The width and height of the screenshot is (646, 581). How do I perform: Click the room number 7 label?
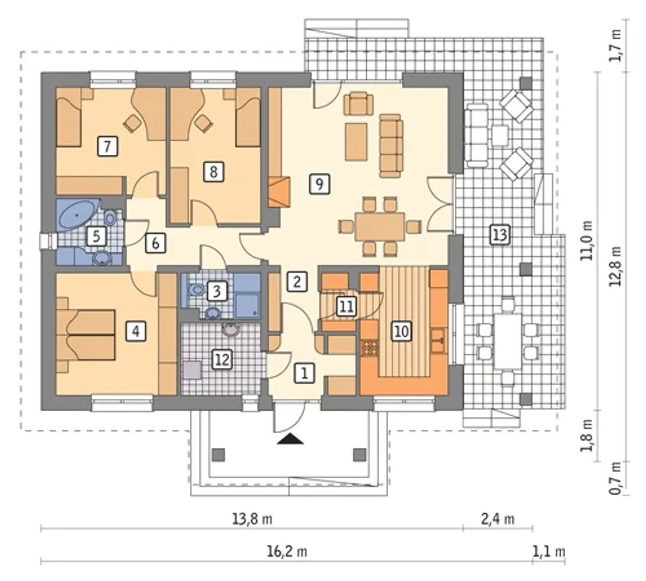coord(107,146)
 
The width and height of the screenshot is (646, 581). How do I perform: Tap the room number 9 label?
coord(319,184)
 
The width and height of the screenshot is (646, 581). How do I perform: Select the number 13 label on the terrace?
coord(500,235)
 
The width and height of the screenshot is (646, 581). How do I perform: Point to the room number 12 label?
coord(223,360)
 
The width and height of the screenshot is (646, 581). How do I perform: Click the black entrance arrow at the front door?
coord(291,439)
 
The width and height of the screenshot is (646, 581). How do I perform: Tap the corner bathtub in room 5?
coord(77,215)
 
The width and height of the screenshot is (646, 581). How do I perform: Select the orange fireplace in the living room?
coord(280,192)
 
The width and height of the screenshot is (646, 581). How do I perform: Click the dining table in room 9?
coord(380,226)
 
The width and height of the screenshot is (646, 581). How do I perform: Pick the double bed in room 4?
coord(86,335)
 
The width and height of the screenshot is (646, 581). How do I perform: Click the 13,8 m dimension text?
coord(252,518)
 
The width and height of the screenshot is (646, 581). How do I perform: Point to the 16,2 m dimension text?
coord(287,552)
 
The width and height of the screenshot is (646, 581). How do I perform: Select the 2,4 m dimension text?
coord(498,518)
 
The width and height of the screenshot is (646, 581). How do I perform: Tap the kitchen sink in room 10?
coord(439,340)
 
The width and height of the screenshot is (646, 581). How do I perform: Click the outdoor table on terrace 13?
coord(508,341)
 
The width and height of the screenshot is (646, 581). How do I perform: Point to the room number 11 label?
coord(347,306)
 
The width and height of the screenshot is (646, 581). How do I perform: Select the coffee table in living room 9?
coord(356,142)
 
